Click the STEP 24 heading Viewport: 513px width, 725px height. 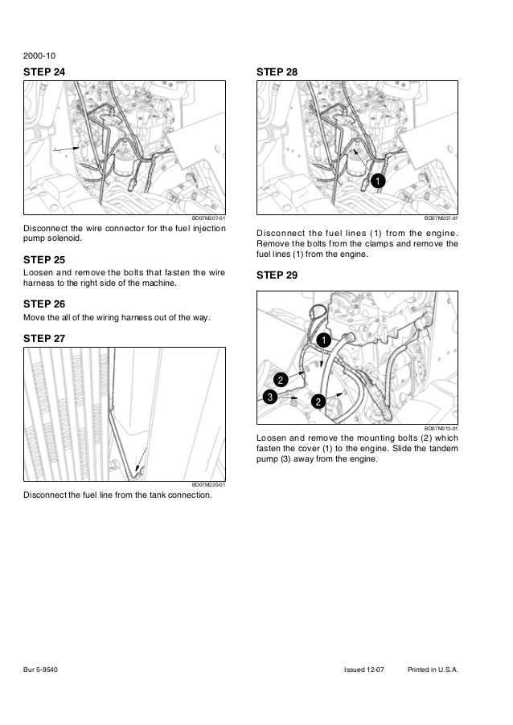(x=44, y=72)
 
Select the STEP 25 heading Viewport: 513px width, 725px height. (x=44, y=260)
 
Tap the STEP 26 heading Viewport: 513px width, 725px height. (x=44, y=304)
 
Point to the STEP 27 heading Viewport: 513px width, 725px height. (x=44, y=339)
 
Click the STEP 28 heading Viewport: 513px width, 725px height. (x=277, y=72)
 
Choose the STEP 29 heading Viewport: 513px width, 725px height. (x=277, y=275)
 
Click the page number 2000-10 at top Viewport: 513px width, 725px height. (x=40, y=56)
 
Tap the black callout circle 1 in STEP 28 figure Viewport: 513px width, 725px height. (x=378, y=181)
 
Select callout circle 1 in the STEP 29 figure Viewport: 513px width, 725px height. (x=322, y=340)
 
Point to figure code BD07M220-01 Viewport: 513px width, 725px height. (x=208, y=485)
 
